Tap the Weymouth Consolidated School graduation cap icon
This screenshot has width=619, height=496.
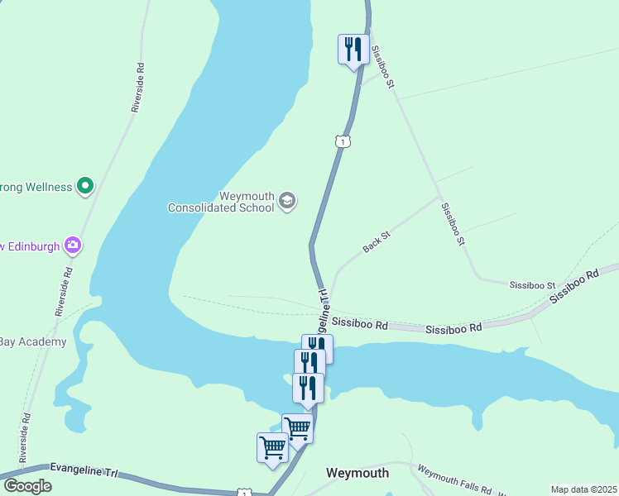point(287,200)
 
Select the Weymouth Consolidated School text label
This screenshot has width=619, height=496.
point(221,202)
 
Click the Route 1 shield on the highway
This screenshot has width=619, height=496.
point(343,141)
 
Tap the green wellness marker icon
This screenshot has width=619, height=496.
point(84,187)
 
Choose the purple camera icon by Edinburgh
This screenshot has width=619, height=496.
point(74,245)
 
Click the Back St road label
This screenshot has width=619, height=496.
point(376,242)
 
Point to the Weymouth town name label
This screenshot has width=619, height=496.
point(357,473)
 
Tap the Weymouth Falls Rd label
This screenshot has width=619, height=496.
point(454,479)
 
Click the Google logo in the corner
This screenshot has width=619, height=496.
point(27,486)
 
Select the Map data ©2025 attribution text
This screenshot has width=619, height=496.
point(583,489)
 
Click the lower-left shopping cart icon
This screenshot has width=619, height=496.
point(272,447)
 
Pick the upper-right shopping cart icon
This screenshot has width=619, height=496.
point(297,427)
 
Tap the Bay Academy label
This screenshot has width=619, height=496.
point(32,342)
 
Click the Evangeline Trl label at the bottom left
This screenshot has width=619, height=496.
point(84,470)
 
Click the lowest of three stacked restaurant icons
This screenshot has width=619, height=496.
point(308,388)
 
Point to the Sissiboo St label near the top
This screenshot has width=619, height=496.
point(382,67)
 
